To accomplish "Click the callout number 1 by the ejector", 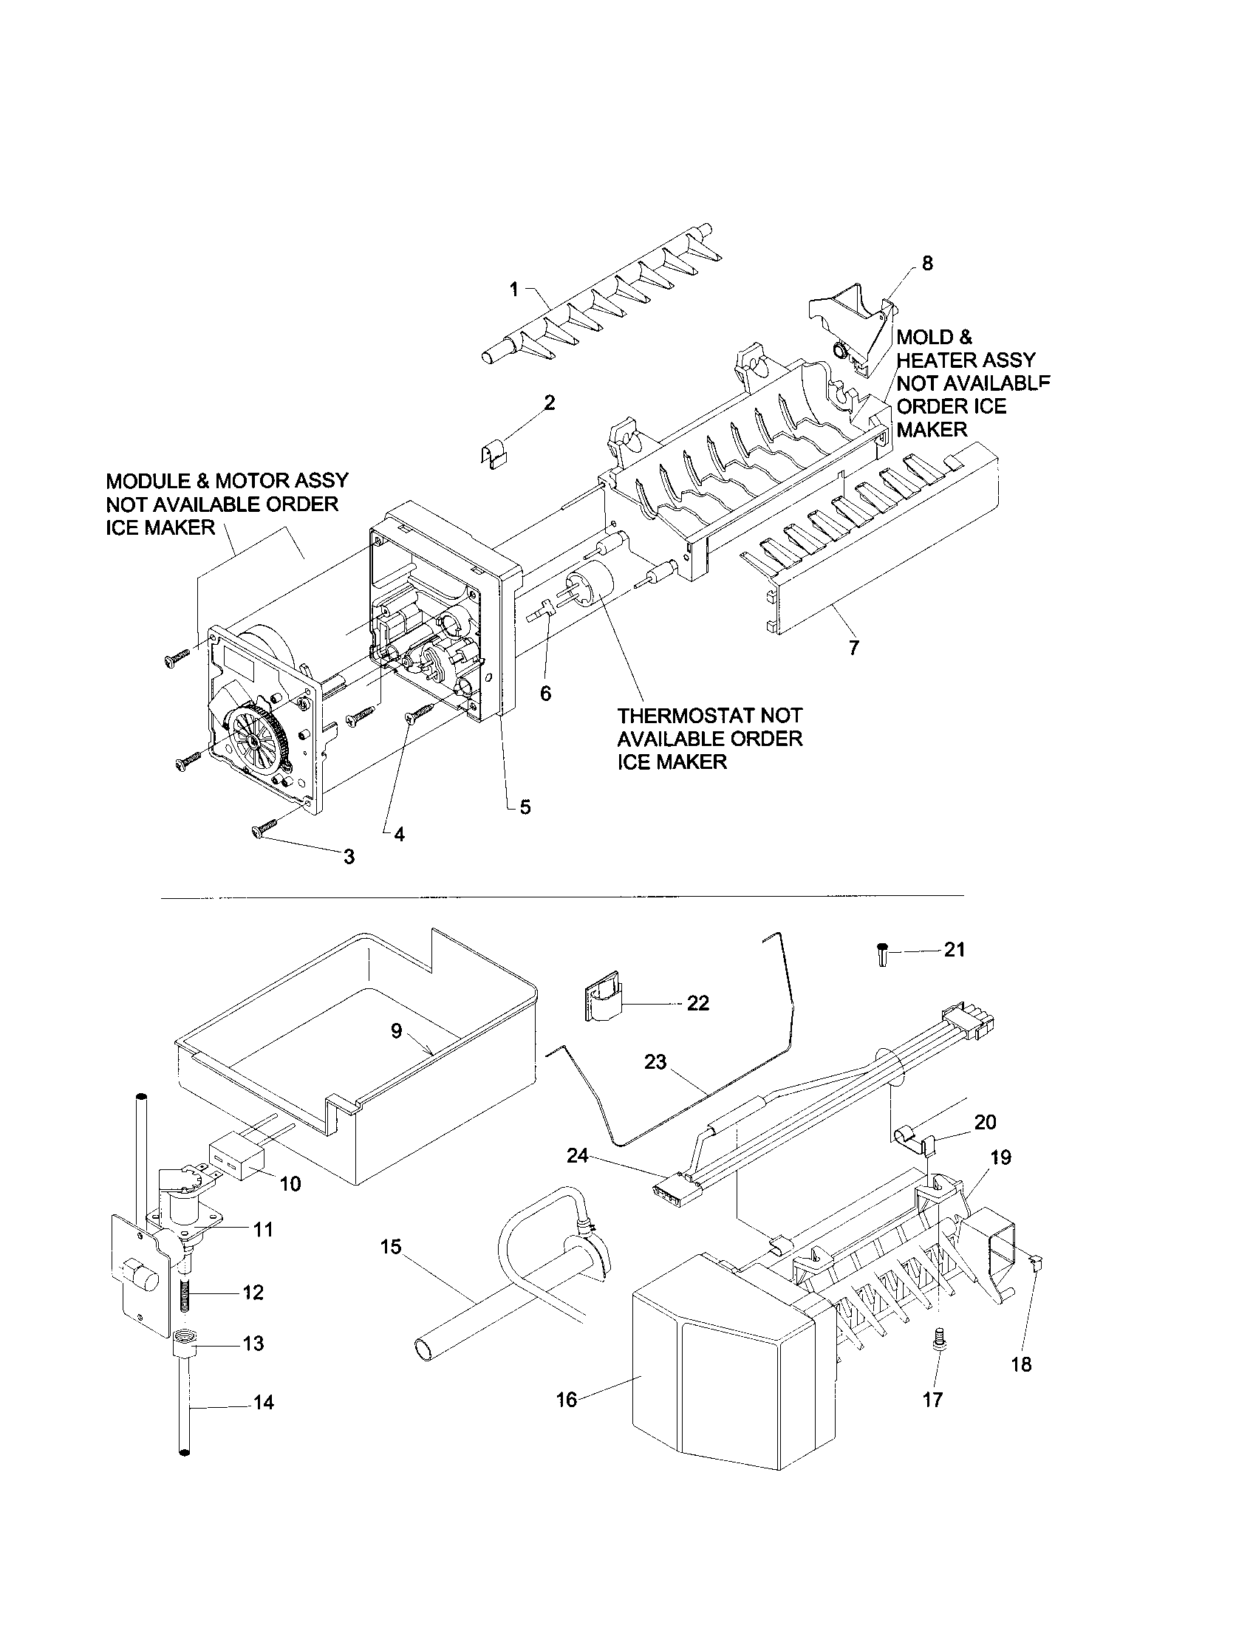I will (x=513, y=290).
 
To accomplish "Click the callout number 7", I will (x=853, y=647).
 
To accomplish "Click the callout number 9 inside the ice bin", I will (x=396, y=1030).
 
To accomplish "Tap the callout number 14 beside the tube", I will (x=264, y=1402).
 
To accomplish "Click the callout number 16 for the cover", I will (x=566, y=1400).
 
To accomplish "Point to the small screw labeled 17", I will (x=937, y=1338).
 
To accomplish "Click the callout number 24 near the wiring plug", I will (x=578, y=1155).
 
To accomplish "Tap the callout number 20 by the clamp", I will (x=984, y=1121).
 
